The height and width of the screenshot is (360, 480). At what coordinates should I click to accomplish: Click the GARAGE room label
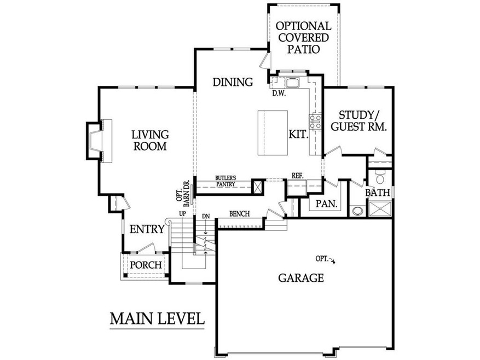tap(300, 277)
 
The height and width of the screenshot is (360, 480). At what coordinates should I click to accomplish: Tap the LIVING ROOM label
tap(150, 140)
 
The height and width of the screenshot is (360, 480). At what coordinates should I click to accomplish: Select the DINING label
tap(233, 82)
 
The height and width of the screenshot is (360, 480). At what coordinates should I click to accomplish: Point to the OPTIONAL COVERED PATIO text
tap(303, 38)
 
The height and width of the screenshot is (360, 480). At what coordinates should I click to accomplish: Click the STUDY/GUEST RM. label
tap(359, 120)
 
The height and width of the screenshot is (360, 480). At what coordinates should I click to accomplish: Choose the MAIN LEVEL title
tap(157, 318)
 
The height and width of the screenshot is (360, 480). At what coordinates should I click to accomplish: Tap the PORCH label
tap(146, 265)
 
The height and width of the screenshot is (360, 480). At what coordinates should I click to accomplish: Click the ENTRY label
tap(147, 229)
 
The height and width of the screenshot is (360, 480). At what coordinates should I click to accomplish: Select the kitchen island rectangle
tap(273, 133)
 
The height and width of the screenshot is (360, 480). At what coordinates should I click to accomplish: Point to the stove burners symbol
tap(315, 121)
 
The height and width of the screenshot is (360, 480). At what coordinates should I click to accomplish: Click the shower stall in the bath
tap(380, 209)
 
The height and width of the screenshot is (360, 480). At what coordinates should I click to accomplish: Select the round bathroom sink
tap(357, 211)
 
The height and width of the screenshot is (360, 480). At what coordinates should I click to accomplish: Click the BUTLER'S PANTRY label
tap(225, 181)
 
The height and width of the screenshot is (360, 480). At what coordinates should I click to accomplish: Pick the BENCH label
tap(239, 214)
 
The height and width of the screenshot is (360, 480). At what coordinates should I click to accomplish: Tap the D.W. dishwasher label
tap(279, 94)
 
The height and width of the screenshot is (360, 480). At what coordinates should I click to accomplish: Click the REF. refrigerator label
tap(297, 176)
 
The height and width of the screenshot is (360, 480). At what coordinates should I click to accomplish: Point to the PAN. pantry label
tap(326, 204)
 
